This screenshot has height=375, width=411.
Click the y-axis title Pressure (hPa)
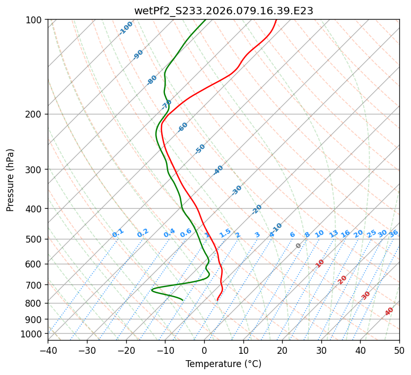(x=10, y=180)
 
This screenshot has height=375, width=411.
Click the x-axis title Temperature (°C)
(x=223, y=364)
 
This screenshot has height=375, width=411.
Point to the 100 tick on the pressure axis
(x=35, y=20)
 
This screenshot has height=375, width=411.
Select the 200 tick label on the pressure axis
(x=35, y=114)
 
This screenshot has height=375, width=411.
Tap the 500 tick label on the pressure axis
(x=35, y=239)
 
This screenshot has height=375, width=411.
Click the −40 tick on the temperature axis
(x=48, y=351)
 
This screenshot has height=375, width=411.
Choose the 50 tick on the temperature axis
(x=399, y=351)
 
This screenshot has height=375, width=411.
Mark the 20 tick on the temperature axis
(x=282, y=351)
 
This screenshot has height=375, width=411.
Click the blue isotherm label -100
(x=126, y=28)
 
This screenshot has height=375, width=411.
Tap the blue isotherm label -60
(x=183, y=127)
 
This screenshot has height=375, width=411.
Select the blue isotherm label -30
(x=237, y=190)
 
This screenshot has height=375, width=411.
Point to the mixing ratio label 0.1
(x=118, y=233)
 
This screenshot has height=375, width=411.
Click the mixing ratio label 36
(x=393, y=233)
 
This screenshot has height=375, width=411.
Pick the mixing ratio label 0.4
(x=169, y=233)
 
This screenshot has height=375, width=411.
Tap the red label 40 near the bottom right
(x=389, y=311)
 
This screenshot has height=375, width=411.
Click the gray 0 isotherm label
(x=299, y=246)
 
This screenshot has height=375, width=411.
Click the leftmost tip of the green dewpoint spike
(x=152, y=290)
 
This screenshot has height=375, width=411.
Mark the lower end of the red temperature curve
(x=217, y=300)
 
